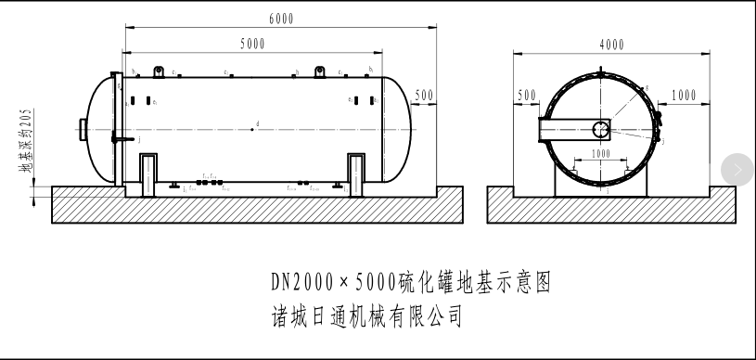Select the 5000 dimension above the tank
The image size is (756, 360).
(x=252, y=44)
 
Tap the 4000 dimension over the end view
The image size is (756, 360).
(x=611, y=45)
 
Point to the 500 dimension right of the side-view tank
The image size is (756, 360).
(x=424, y=95)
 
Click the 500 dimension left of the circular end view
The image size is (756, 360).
(x=527, y=96)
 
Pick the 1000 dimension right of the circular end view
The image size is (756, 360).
(x=683, y=96)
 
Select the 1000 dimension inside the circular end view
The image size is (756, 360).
(x=601, y=153)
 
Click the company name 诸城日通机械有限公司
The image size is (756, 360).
(x=362, y=316)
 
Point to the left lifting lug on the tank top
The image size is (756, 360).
(x=160, y=71)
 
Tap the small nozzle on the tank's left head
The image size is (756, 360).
(x=83, y=128)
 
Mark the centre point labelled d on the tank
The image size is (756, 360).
(x=252, y=129)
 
